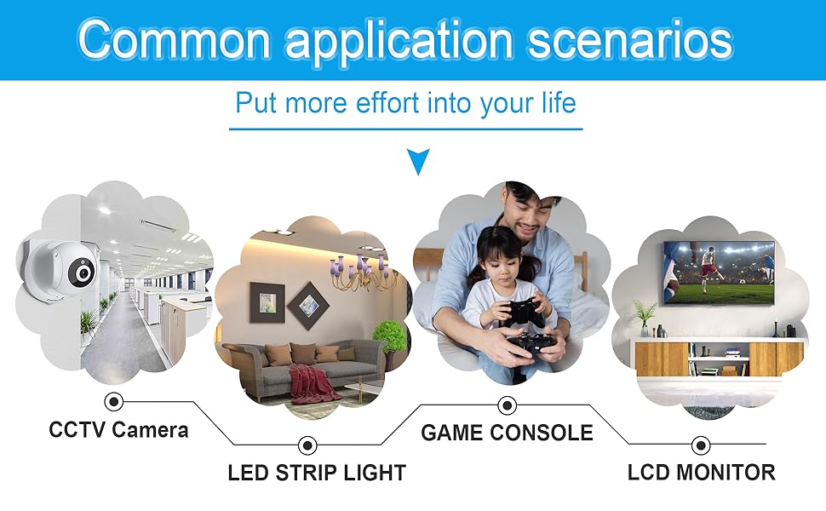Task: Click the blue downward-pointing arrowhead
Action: click(x=418, y=161)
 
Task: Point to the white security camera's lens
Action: click(x=83, y=273)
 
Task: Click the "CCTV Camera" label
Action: click(x=118, y=429)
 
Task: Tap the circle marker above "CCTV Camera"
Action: click(x=113, y=401)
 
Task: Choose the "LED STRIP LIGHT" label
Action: click(x=317, y=472)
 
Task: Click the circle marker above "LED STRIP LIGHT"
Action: click(x=307, y=444)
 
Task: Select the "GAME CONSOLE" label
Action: click(x=507, y=433)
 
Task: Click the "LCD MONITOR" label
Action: click(x=701, y=472)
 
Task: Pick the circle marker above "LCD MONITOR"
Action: click(x=701, y=444)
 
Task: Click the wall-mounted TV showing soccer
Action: click(x=720, y=273)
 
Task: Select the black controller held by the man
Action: click(x=533, y=346)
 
